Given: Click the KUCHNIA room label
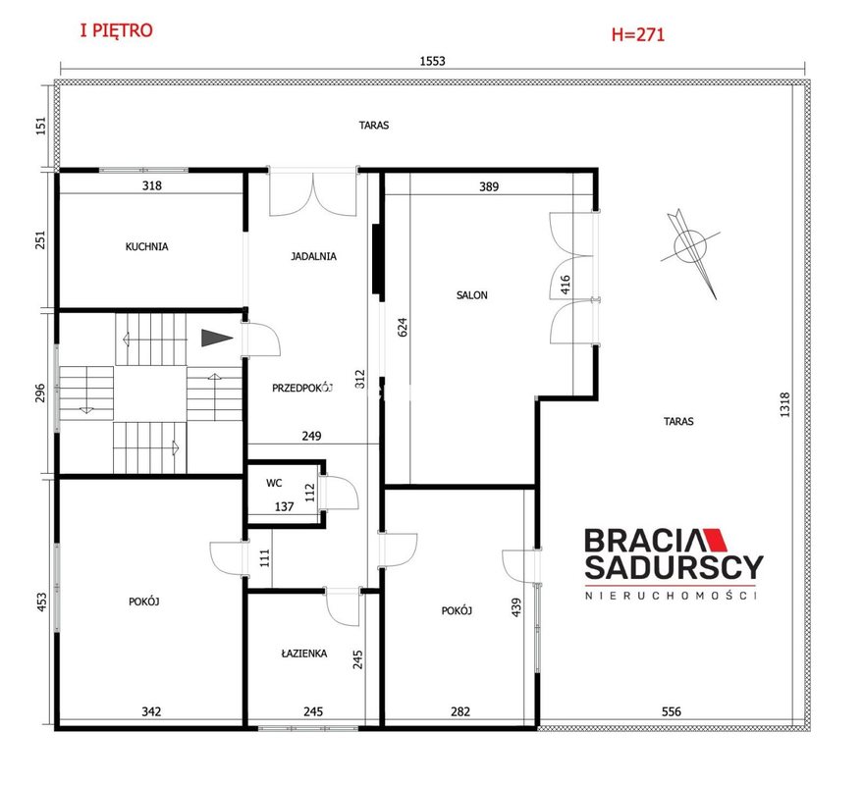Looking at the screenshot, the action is point(146,247).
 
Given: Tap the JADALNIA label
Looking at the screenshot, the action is point(313,256).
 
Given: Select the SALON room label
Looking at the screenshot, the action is point(471,295).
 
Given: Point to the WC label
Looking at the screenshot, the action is point(274,483).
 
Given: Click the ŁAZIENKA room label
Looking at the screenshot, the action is point(304,654).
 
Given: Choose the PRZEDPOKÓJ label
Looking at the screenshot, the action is point(302,388).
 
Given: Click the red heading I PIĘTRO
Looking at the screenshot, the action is point(116,30).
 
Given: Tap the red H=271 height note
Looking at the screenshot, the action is point(638,34).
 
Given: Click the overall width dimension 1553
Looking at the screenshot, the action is point(433,61).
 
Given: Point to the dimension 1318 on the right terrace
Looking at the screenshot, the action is point(785,404).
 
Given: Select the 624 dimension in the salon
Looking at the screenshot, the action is point(403,327).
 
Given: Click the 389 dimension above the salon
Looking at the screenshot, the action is point(489,186).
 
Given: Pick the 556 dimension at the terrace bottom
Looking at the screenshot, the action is point(672,711).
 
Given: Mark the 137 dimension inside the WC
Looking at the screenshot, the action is point(285,506).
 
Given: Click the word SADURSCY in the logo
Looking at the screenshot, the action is point(674,567).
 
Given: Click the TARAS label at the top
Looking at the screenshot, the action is point(374,126).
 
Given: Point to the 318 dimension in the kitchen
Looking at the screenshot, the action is point(152,185).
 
